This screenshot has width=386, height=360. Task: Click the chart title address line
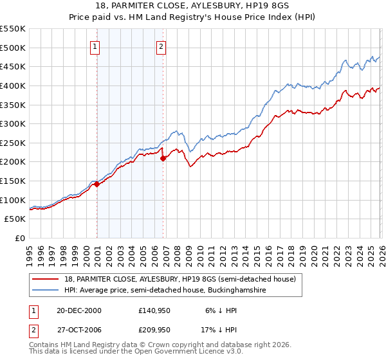coord(192,6)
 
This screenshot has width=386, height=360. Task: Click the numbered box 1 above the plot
coord(95,46)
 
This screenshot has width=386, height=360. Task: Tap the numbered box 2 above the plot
coord(161,46)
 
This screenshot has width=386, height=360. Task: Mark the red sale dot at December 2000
coord(96,184)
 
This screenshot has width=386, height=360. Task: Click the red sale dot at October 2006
coord(163,157)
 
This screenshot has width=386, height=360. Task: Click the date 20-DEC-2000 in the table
coord(75,310)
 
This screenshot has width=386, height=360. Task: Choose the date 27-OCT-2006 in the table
coord(75,330)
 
